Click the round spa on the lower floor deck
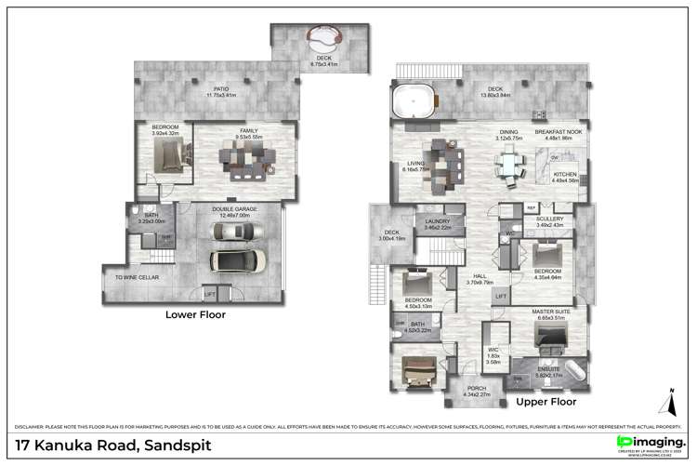click(x=322, y=40)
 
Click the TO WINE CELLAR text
click(x=136, y=277)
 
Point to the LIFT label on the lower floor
click(x=210, y=294)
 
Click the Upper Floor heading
click(x=546, y=402)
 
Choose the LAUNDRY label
click(x=437, y=222)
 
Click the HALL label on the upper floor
click(x=480, y=276)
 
